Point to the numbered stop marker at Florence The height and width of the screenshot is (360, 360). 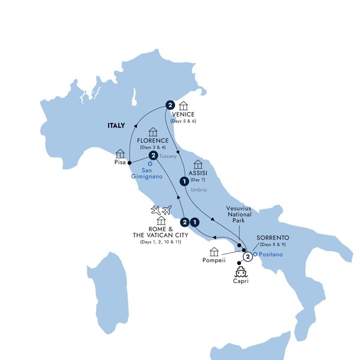tap(154, 156)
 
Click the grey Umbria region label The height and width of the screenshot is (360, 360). tap(199, 190)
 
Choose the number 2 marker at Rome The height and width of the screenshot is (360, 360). tap(185, 221)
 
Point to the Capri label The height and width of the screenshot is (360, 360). tap(239, 281)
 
